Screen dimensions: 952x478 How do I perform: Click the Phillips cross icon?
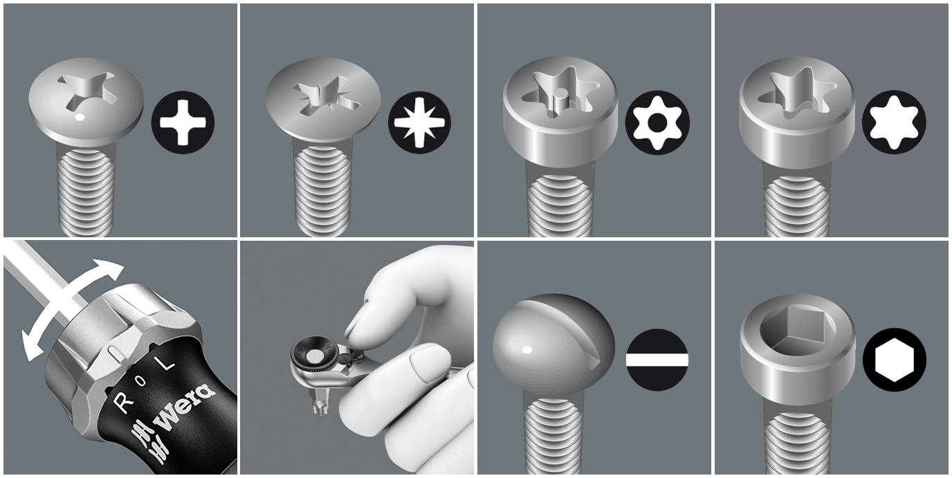pos(183,122)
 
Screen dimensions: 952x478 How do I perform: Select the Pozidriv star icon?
pos(419,122)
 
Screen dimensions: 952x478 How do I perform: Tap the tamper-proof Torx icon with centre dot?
pos(657,122)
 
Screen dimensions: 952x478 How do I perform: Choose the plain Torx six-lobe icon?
pos(894,122)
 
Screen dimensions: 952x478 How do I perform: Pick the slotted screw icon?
pos(657,360)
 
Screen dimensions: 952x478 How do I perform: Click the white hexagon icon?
pos(894,360)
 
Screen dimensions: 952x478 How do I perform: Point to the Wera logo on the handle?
pos(183,407)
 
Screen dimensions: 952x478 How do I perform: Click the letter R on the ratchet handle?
pos(124,402)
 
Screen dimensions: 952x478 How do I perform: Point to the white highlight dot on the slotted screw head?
pos(527,350)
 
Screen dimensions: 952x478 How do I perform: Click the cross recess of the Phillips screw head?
pos(88,91)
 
